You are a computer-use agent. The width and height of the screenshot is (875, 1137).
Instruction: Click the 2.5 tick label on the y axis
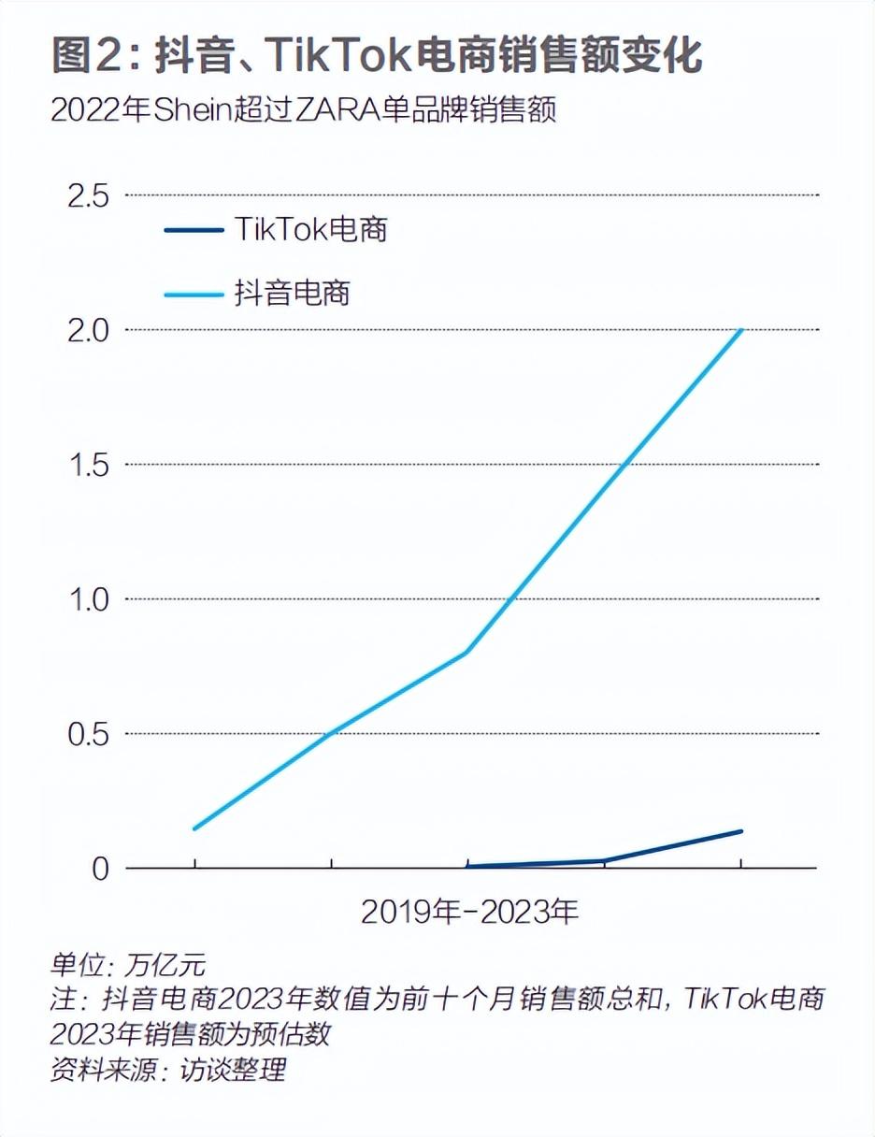86,195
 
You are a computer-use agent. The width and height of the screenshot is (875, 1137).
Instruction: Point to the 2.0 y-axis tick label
86,330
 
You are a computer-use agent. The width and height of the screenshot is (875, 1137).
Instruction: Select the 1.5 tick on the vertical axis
86,465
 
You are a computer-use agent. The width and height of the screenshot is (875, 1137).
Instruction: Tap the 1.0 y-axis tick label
86,599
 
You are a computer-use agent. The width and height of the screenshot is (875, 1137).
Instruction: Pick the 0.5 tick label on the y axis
86,734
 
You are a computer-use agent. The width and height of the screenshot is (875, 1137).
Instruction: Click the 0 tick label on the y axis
99,869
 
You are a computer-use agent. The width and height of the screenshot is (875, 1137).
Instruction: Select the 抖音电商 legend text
292,293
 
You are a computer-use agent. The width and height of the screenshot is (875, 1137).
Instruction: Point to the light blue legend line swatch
194,294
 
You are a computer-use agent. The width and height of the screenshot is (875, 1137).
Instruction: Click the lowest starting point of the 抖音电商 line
194,828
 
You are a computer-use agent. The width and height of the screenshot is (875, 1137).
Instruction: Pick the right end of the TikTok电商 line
741,831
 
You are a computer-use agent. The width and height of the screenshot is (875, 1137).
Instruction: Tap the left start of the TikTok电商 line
467,867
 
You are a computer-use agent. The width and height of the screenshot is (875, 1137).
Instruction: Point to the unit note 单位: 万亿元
127,964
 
